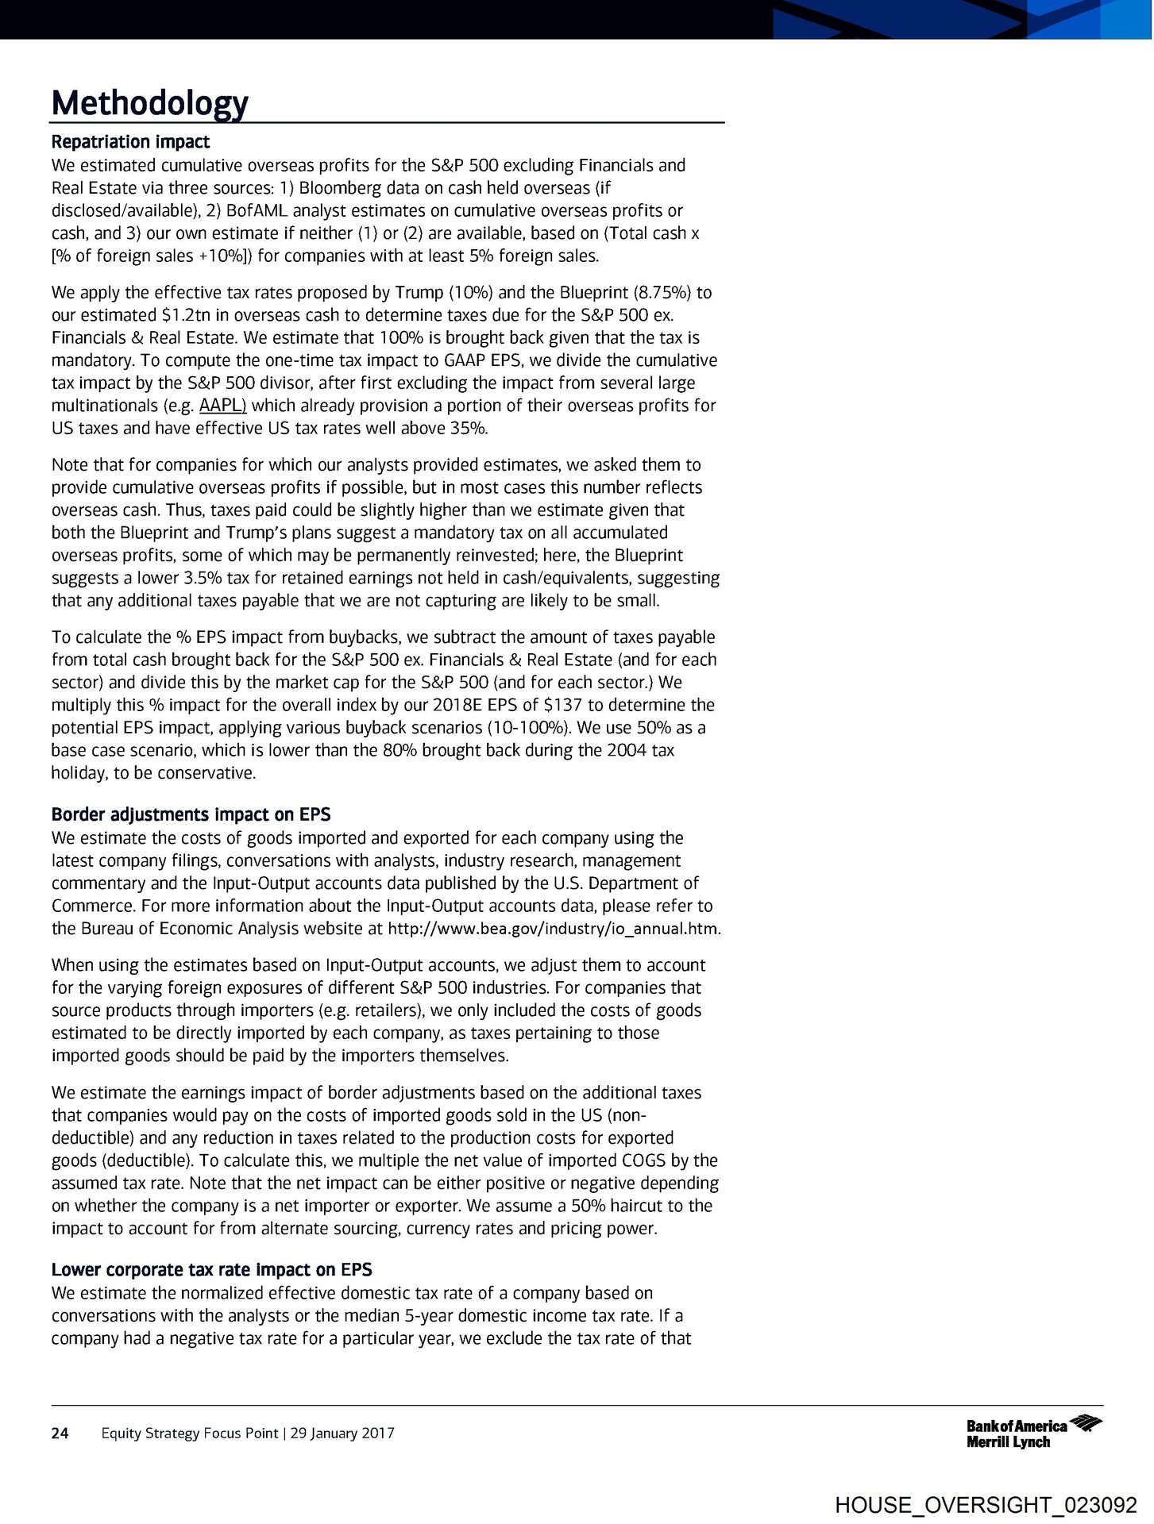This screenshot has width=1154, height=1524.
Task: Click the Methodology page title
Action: pos(150,102)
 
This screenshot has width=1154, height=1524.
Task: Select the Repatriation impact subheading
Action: pos(130,142)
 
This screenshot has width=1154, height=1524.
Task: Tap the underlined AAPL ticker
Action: pos(222,406)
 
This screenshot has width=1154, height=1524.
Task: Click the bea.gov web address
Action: pos(554,929)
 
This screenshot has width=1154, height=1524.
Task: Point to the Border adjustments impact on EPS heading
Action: pos(191,814)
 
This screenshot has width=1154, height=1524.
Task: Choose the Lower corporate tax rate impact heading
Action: pos(211,1269)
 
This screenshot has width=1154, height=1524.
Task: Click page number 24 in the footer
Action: pos(60,1433)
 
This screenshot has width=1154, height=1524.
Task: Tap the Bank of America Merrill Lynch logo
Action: pos(1033,1433)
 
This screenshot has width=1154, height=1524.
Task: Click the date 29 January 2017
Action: pos(342,1433)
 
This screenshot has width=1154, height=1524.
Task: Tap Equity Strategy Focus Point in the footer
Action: pos(190,1433)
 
